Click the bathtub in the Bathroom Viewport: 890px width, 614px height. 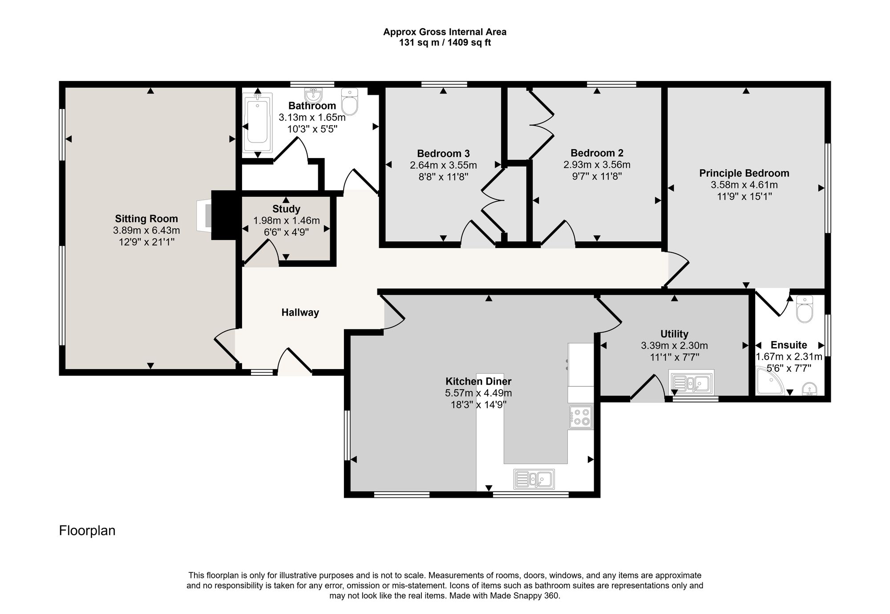coord(257,123)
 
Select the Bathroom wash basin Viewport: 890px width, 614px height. coord(314,95)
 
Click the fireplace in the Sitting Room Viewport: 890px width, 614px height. coord(205,215)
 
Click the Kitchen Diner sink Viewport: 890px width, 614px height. coord(534,479)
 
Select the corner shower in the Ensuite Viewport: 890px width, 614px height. coord(770,381)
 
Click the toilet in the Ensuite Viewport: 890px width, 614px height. coord(805,308)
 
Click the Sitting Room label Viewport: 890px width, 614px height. coord(146,219)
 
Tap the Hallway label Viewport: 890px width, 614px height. coord(300,313)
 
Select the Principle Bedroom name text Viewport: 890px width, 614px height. coord(744,173)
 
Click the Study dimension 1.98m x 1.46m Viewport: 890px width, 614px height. coord(287,220)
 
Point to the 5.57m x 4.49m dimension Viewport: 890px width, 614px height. coord(478,393)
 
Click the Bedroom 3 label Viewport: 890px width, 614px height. coord(443,154)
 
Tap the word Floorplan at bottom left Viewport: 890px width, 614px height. coord(87,531)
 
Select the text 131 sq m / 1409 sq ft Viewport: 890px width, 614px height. coord(445,43)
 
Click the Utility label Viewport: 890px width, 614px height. coord(674,334)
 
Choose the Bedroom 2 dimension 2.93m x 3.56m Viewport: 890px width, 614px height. coord(597,165)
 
